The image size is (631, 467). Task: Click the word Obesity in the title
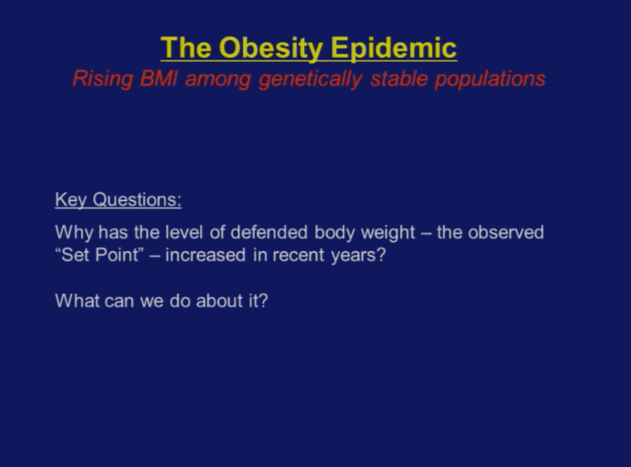coord(271,49)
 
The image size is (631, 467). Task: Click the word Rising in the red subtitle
coord(103,79)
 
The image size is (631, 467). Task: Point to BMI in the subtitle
coord(158,78)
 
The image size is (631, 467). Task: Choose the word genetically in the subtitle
coord(310,79)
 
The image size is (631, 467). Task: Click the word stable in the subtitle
coord(399,78)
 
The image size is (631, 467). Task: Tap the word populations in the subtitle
coord(490,79)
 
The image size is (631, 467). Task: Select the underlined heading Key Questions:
coord(119,200)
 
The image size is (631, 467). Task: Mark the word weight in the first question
coord(388,233)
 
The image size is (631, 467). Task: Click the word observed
coord(506,233)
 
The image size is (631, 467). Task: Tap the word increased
coord(205,255)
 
